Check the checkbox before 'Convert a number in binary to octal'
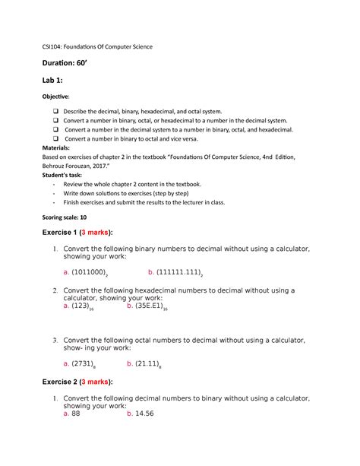(55, 139)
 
